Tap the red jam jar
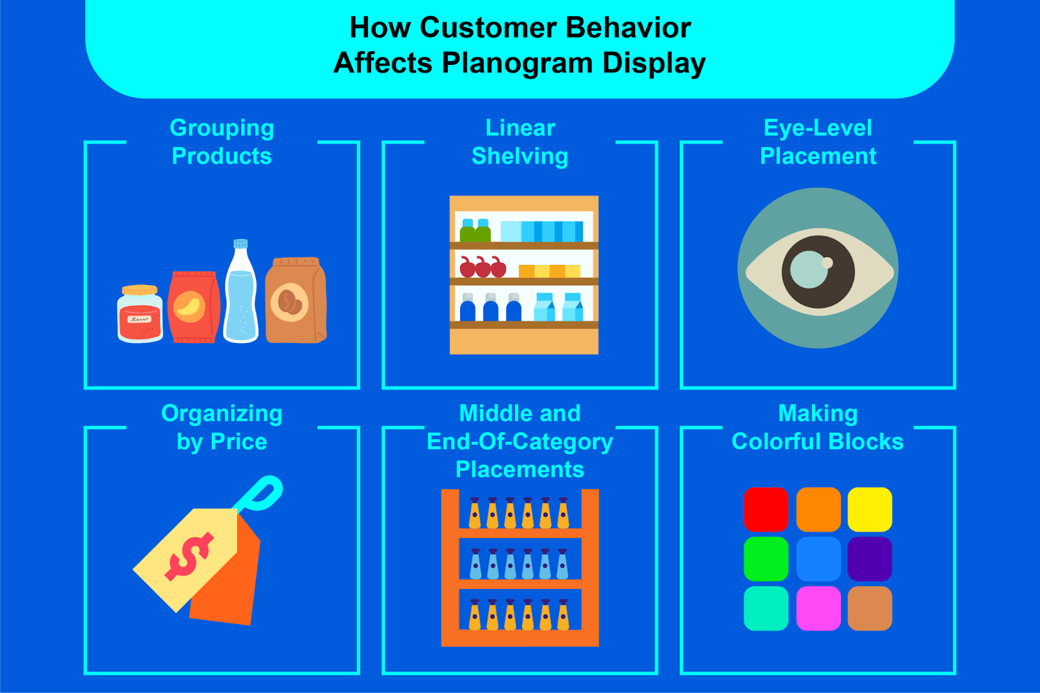pos(140,315)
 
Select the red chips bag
pos(193,307)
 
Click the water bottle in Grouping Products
pos(240,296)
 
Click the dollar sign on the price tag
pos(189,555)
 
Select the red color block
pos(766,509)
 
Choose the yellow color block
pos(870,509)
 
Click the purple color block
pos(870,559)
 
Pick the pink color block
pos(818,608)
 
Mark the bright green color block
pos(766,559)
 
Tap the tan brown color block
pos(870,608)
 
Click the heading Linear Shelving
pos(520,142)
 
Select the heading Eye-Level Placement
pos(818,142)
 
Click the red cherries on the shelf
pos(482,266)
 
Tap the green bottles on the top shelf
pos(475,231)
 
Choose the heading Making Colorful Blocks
pos(818,427)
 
